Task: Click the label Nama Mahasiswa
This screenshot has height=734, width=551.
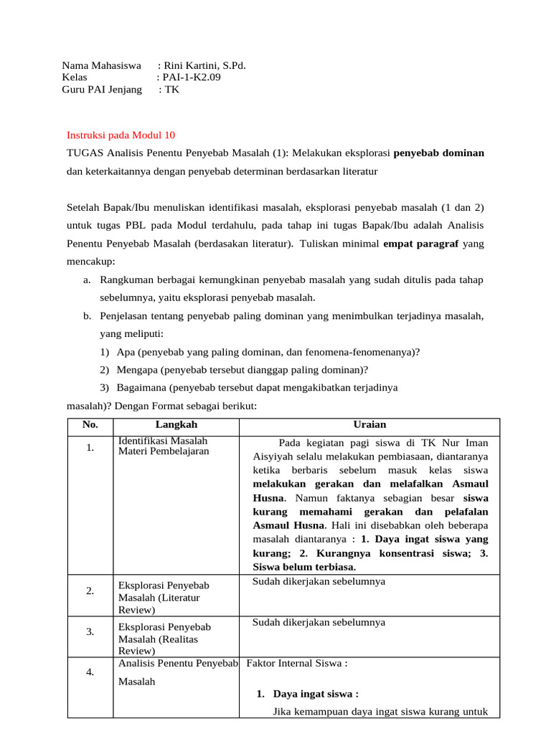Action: click(x=101, y=65)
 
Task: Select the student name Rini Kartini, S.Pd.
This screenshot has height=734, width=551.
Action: click(x=205, y=65)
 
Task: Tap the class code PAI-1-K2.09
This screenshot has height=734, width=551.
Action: click(x=192, y=77)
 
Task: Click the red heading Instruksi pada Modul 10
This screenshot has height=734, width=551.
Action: click(x=121, y=135)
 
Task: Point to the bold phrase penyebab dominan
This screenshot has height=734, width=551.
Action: click(x=439, y=153)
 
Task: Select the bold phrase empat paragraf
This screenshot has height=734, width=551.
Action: click(x=421, y=244)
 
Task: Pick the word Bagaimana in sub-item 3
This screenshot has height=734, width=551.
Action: click(x=141, y=387)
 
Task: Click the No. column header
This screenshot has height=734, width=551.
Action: click(x=90, y=424)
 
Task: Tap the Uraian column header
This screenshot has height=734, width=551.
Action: click(x=369, y=424)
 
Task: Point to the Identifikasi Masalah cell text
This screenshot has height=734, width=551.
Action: click(x=163, y=440)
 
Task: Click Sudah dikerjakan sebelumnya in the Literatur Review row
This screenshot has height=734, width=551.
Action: click(x=319, y=581)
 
